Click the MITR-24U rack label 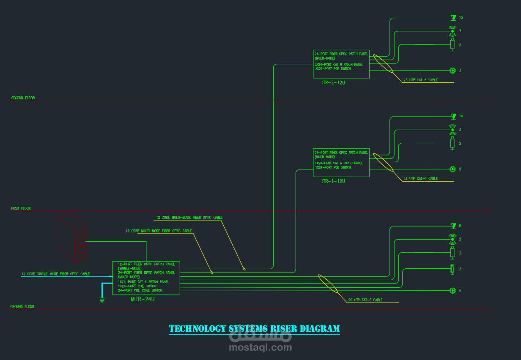[x=143, y=299]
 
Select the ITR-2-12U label [x=333, y=82]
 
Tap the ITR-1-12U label [x=333, y=181]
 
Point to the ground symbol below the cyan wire [x=102, y=300]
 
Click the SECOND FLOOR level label [x=23, y=98]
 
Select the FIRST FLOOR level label [x=21, y=209]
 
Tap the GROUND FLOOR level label [x=22, y=307]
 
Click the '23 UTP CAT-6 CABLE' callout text [x=420, y=80]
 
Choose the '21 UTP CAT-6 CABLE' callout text [x=420, y=179]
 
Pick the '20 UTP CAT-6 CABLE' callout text [x=365, y=300]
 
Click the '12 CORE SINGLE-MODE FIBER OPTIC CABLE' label [x=55, y=274]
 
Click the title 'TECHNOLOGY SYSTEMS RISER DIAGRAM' [x=254, y=329]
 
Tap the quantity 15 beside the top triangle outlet [x=461, y=17]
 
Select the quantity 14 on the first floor [x=461, y=116]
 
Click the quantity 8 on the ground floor [x=460, y=226]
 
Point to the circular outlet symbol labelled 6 [x=452, y=290]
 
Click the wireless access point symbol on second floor [x=452, y=30]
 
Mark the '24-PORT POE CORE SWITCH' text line [x=140, y=291]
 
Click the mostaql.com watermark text [x=260, y=348]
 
